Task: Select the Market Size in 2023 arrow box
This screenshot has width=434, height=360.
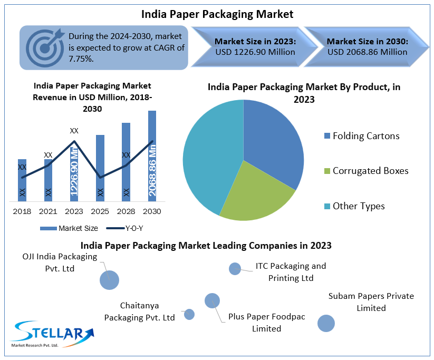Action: (247, 46)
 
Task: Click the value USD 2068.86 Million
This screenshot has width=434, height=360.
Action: (367, 52)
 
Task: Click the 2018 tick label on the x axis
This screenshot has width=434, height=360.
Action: (22, 211)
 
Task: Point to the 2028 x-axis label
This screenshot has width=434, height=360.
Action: (126, 211)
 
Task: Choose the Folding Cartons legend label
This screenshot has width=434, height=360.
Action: (366, 136)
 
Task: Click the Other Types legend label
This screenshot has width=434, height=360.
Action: (359, 206)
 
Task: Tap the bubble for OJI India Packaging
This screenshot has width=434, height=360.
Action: (109, 279)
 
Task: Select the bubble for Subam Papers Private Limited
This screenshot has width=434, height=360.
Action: (326, 323)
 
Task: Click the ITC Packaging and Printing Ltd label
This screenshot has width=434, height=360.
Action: (291, 272)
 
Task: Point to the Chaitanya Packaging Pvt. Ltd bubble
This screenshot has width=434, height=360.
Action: (189, 314)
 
